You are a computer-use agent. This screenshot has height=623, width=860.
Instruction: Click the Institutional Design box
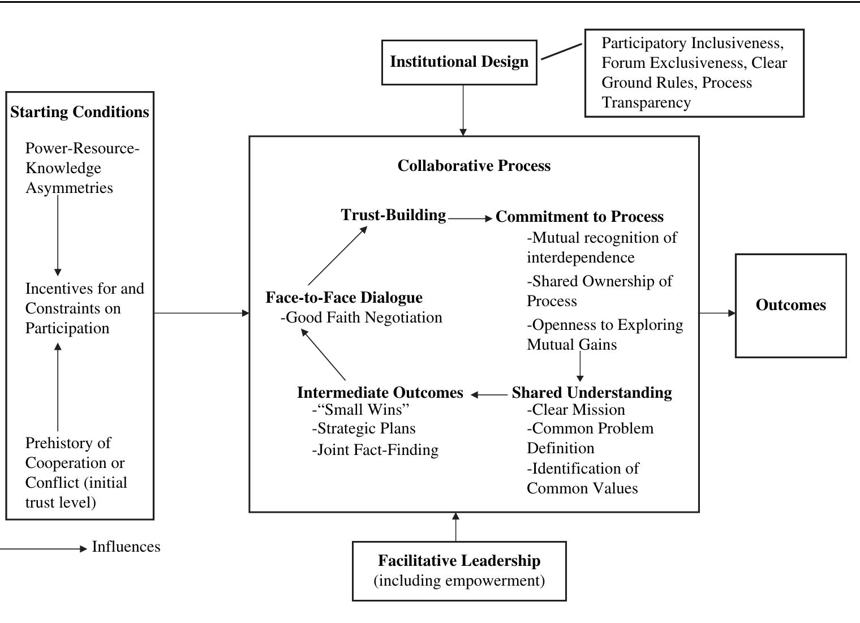click(x=459, y=62)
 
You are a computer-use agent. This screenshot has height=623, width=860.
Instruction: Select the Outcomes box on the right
click(x=790, y=305)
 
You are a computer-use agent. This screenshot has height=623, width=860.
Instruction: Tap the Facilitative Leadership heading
click(x=459, y=561)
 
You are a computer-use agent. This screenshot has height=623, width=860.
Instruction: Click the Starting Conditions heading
click(x=80, y=112)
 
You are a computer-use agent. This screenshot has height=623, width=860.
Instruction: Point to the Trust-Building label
click(x=393, y=215)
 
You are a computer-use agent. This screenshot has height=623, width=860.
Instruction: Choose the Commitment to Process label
click(x=579, y=217)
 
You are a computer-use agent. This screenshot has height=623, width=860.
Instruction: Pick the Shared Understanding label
click(x=592, y=393)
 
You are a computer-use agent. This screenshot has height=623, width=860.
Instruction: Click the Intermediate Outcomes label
click(x=380, y=393)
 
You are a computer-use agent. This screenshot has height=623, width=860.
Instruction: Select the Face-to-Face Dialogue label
click(x=344, y=298)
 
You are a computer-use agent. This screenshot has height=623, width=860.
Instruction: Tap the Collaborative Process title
click(x=474, y=166)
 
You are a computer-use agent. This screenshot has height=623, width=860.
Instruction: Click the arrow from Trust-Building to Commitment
click(x=470, y=218)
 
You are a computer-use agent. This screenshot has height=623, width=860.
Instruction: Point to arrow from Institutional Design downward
click(x=463, y=110)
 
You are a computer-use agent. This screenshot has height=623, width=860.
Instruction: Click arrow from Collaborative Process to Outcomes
click(x=717, y=313)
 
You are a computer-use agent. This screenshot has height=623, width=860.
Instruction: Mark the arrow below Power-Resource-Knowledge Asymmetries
click(x=58, y=235)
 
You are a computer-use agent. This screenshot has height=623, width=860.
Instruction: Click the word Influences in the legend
click(x=126, y=547)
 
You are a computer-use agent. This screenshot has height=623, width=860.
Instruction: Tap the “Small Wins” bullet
click(x=360, y=410)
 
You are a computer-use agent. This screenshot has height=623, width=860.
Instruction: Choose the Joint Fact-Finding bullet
click(x=375, y=450)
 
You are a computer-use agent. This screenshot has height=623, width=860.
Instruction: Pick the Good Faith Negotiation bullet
click(x=362, y=317)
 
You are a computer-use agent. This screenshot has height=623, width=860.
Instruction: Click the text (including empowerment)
click(x=459, y=581)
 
